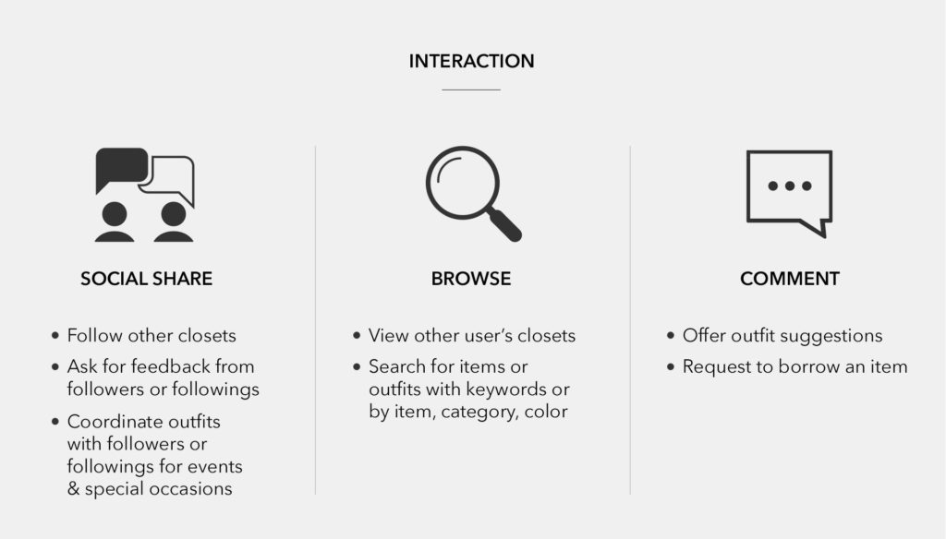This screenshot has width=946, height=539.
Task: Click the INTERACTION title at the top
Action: tap(471, 61)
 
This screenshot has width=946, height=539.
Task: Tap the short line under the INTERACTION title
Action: tap(471, 90)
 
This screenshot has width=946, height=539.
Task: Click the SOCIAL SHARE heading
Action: tap(147, 279)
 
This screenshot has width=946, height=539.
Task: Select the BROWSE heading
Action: tap(471, 279)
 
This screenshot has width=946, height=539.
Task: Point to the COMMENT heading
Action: tap(790, 279)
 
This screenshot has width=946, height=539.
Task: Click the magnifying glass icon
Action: tap(474, 194)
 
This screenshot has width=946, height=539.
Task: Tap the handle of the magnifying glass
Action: tap(505, 225)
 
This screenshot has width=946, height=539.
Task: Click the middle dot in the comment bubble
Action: tap(790, 186)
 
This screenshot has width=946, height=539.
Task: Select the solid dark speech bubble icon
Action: tap(122, 168)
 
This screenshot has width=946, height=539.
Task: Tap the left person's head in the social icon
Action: tap(115, 214)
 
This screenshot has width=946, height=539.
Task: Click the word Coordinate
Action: tap(112, 422)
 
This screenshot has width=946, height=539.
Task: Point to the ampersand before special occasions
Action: tap(73, 488)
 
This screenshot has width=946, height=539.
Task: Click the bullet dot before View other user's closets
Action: tap(357, 335)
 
